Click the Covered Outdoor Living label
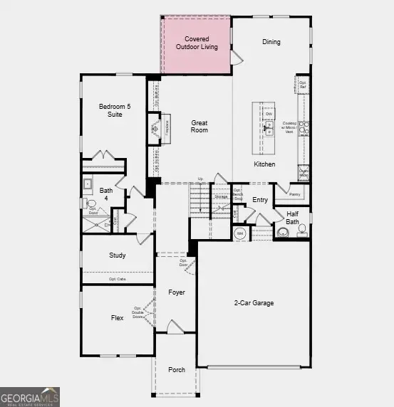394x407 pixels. [197, 42]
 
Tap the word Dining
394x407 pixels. [271, 42]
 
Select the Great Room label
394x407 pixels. [199, 127]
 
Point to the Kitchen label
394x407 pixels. [264, 164]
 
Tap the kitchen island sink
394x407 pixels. [269, 128]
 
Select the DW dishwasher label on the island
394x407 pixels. [269, 114]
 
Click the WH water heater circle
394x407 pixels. [240, 233]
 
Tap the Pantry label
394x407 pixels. [295, 193]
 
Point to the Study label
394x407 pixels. [117, 255]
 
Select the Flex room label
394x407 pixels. [117, 317]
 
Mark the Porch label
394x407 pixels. [176, 370]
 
